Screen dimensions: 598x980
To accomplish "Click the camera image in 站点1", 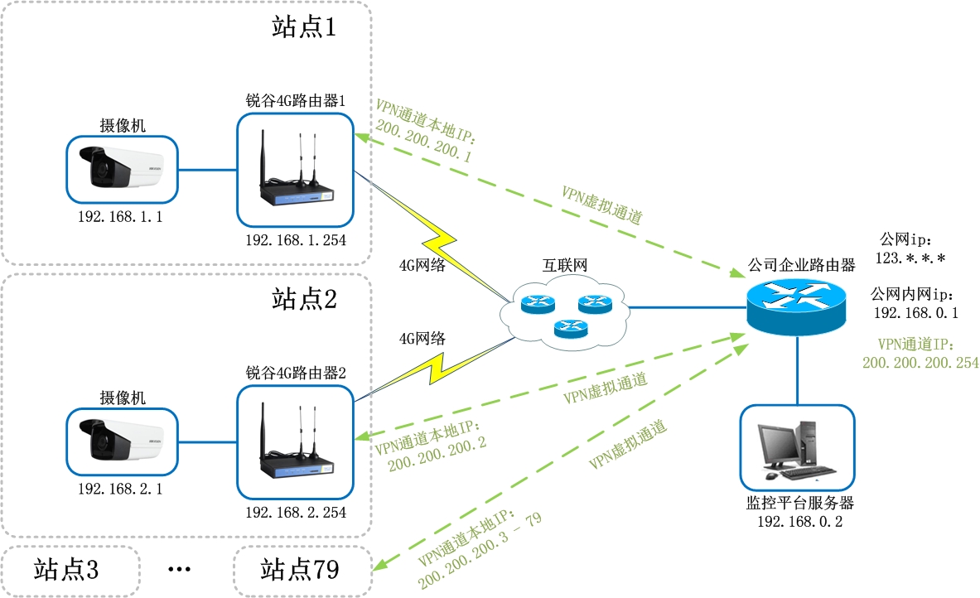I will click(122, 170).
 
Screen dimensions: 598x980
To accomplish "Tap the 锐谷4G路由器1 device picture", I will click(295, 170).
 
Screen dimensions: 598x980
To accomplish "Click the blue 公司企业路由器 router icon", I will click(796, 305).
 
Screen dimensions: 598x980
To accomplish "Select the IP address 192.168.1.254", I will click(295, 240).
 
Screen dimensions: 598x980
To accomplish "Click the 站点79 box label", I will click(300, 570).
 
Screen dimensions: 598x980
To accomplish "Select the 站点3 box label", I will click(66, 570).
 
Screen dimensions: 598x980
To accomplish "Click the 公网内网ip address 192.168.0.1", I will click(915, 313).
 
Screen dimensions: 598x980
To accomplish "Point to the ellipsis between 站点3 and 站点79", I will click(180, 570).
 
